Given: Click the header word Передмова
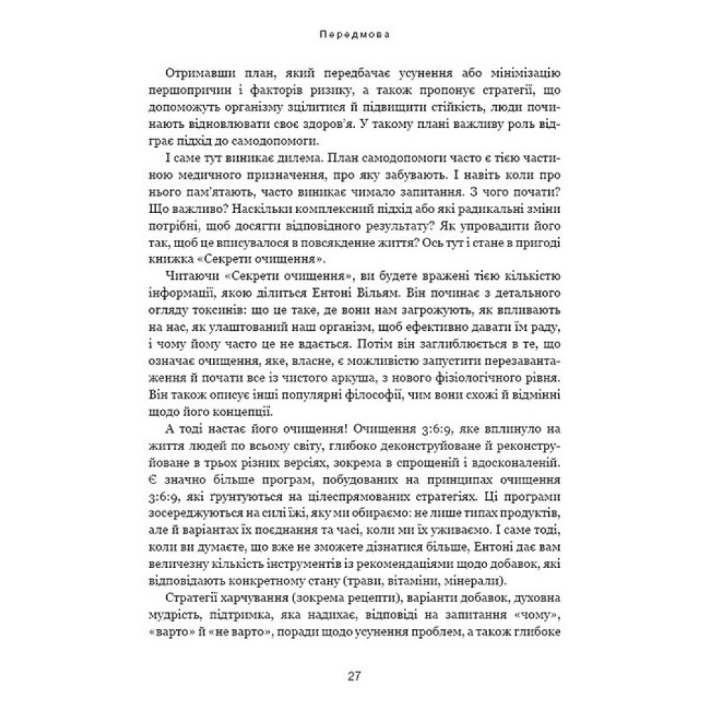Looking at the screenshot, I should tap(354, 33).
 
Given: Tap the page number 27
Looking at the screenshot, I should tap(354, 675).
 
